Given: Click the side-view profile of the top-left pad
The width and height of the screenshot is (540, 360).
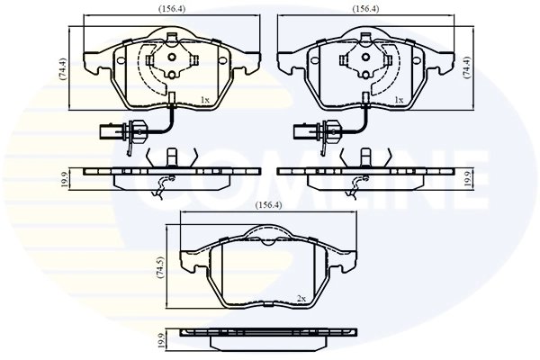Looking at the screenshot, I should pyautogui.click(x=167, y=175).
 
